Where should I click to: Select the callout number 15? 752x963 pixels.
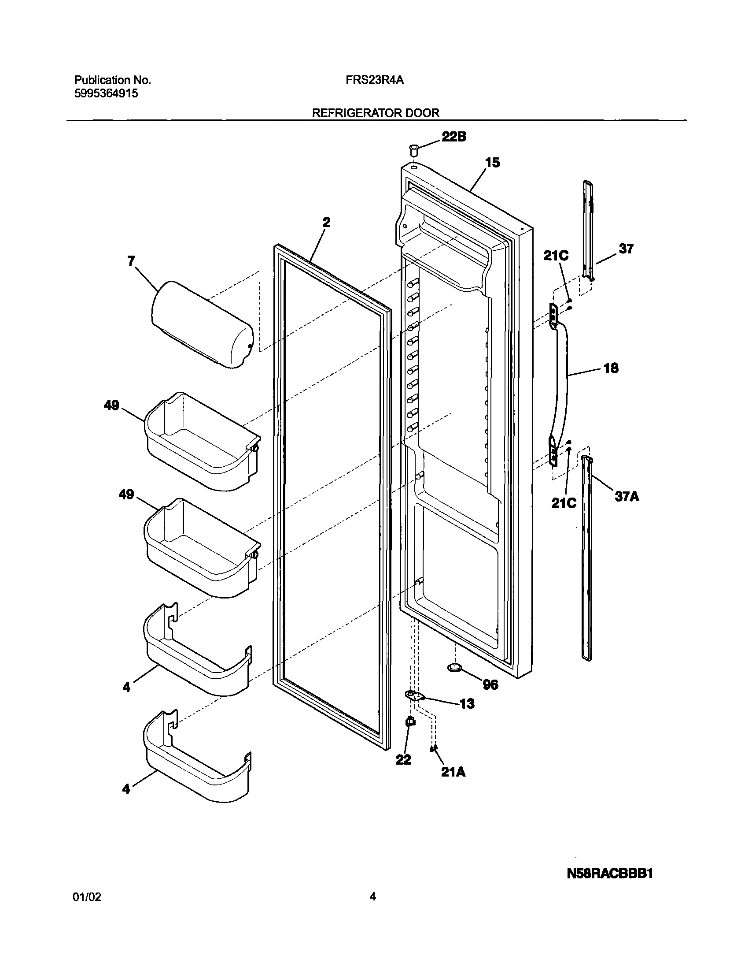click(x=492, y=163)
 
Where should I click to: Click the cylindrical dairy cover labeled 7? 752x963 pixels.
click(x=202, y=324)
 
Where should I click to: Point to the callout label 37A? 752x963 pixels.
click(x=627, y=497)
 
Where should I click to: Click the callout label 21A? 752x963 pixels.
click(x=453, y=772)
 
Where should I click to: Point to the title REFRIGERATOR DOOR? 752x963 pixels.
click(x=375, y=113)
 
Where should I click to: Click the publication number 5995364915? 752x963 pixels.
click(x=106, y=93)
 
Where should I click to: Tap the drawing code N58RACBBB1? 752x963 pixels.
click(x=609, y=874)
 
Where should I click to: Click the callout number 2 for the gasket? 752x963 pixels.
click(x=326, y=222)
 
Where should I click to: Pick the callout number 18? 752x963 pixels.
click(x=611, y=368)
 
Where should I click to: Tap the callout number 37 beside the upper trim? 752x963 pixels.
click(x=626, y=249)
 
